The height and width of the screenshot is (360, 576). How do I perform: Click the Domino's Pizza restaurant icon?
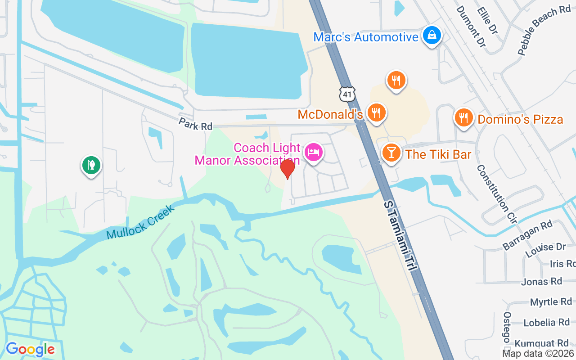point(463,117)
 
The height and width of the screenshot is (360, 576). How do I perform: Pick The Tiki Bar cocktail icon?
point(391,153)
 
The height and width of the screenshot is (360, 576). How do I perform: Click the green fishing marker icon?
point(91,165)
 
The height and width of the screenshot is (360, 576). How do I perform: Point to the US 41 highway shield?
point(347,94)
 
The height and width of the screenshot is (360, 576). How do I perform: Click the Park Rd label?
point(195,124)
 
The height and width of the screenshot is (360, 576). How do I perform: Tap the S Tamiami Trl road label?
point(400,236)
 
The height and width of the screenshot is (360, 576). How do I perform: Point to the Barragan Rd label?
point(527,235)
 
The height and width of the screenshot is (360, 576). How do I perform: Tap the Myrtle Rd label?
point(551,302)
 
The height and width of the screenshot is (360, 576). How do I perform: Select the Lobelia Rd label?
point(546,322)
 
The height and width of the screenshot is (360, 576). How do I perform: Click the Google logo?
point(30,349)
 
